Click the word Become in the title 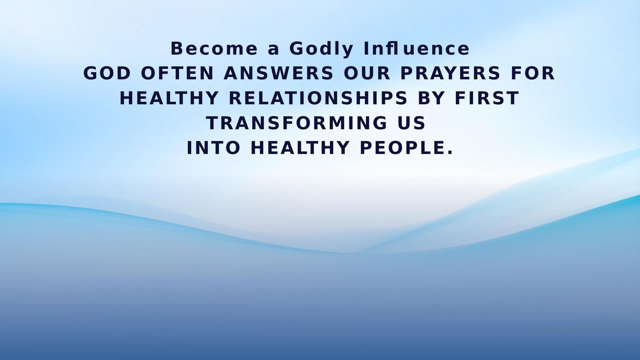[x=214, y=49]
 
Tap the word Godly [x=321, y=49]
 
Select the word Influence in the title [x=417, y=49]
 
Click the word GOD [x=107, y=73]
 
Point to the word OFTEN [x=177, y=73]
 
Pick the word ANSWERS [x=279, y=73]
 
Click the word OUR [x=367, y=73]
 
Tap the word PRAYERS [x=450, y=73]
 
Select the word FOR [x=533, y=73]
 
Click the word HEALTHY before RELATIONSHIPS [x=169, y=98]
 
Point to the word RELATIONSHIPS [x=319, y=98]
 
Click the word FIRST [x=487, y=98]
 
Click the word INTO [x=213, y=148]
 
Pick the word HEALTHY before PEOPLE [x=300, y=148]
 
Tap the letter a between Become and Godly [x=273, y=50]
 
